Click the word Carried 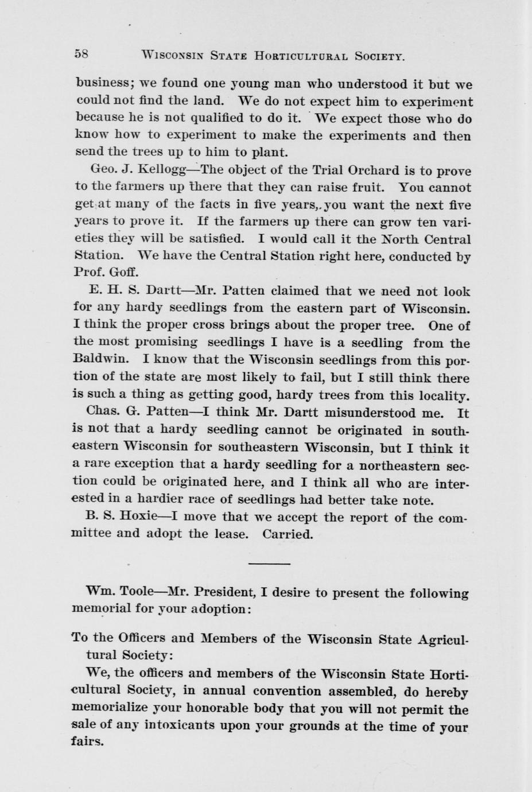[288, 534]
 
